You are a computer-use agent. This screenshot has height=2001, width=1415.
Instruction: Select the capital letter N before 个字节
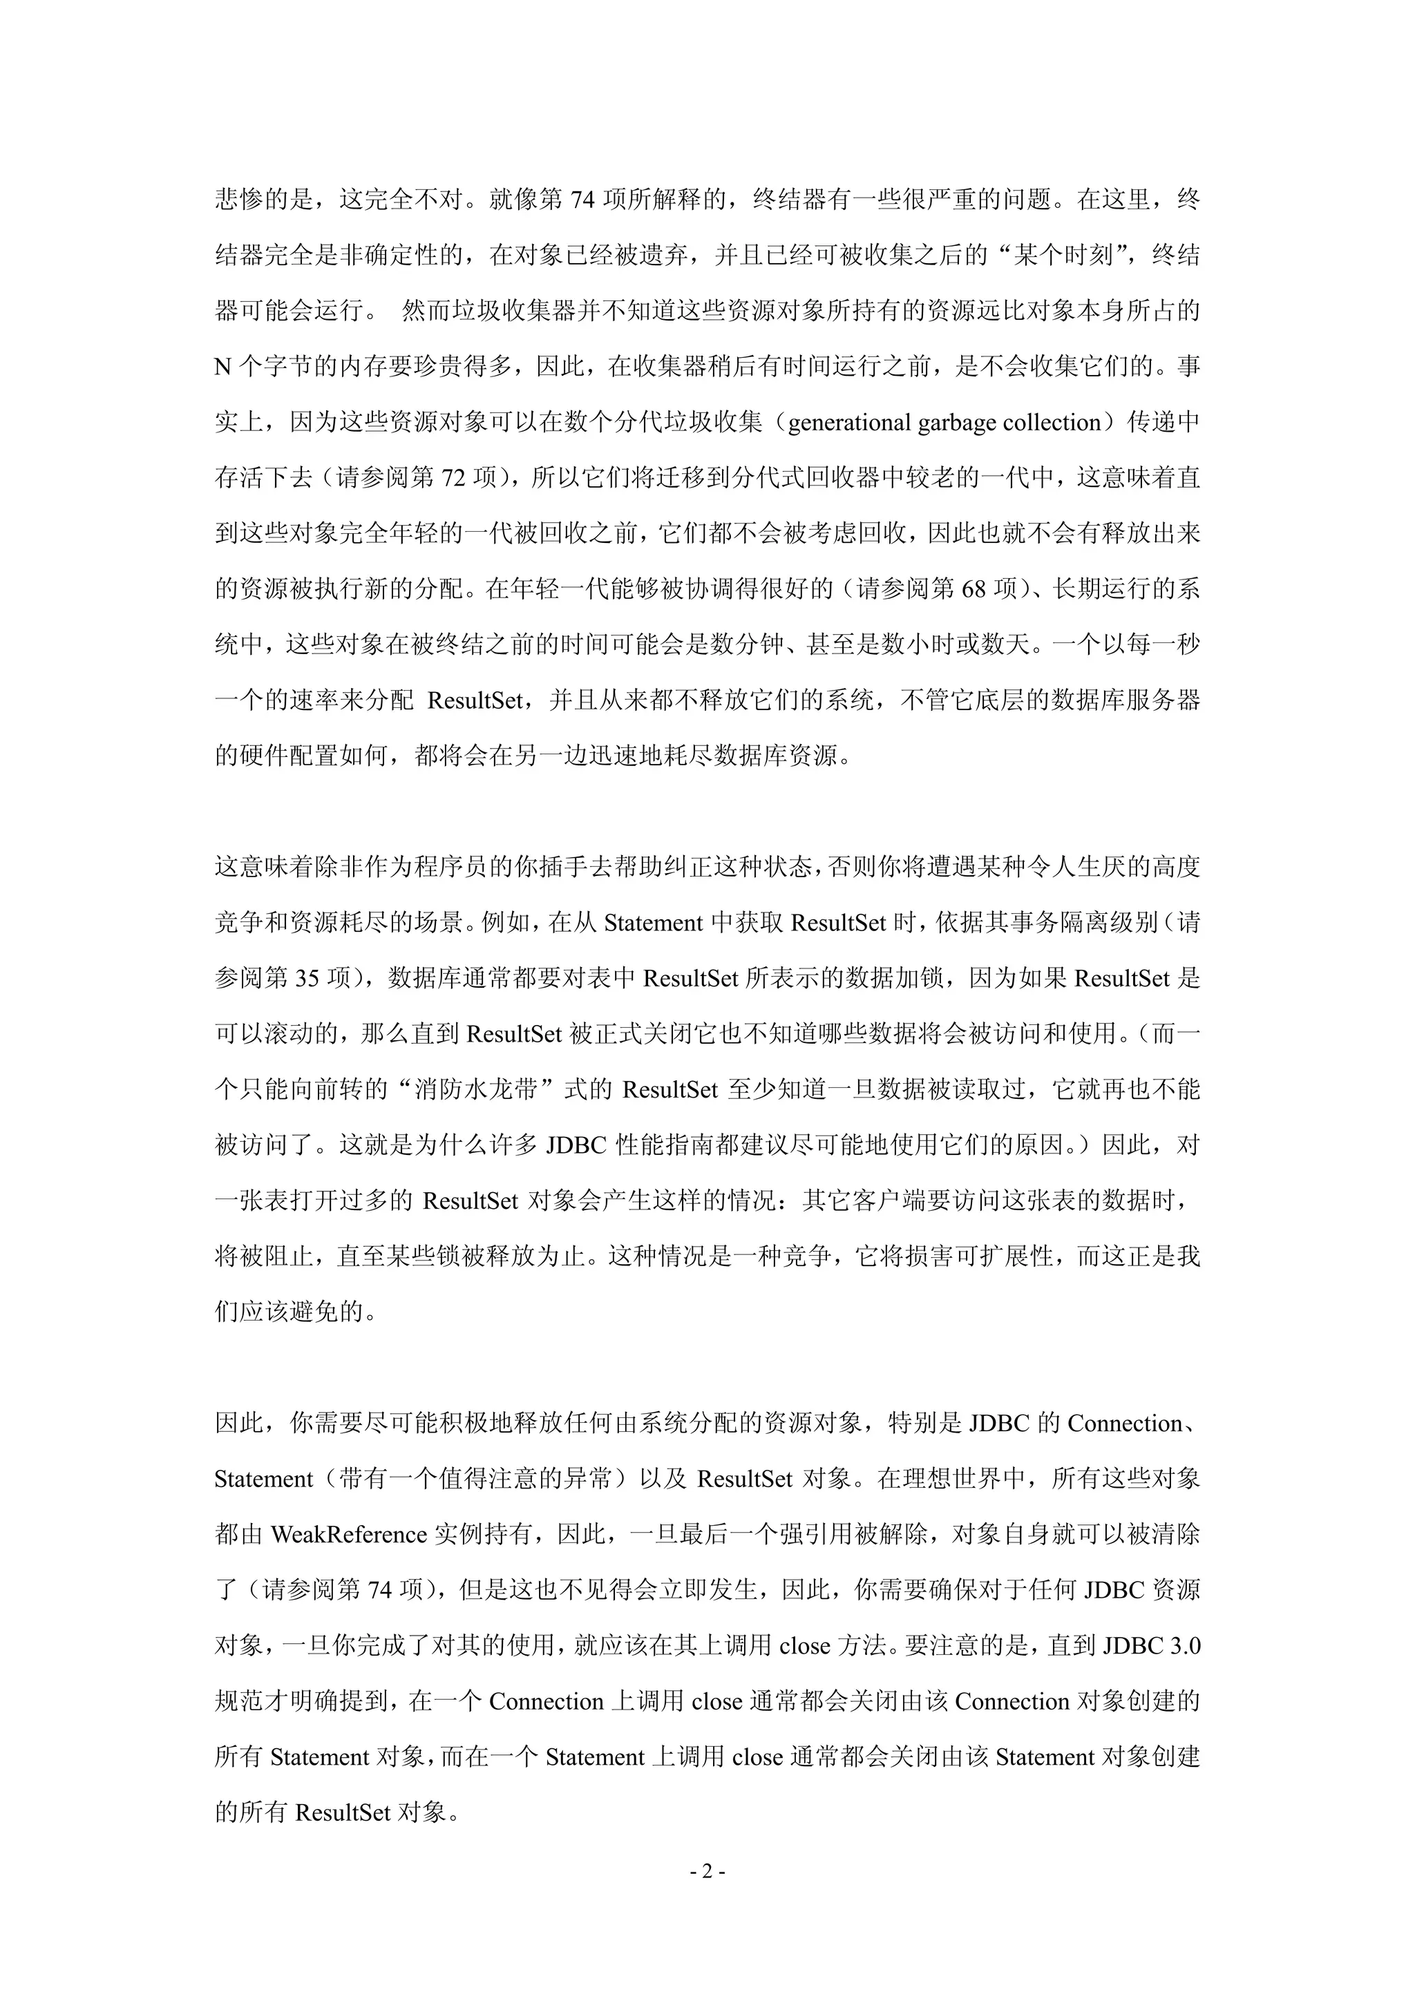coord(222,367)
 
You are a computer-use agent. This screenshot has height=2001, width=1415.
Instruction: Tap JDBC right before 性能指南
coord(576,1146)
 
